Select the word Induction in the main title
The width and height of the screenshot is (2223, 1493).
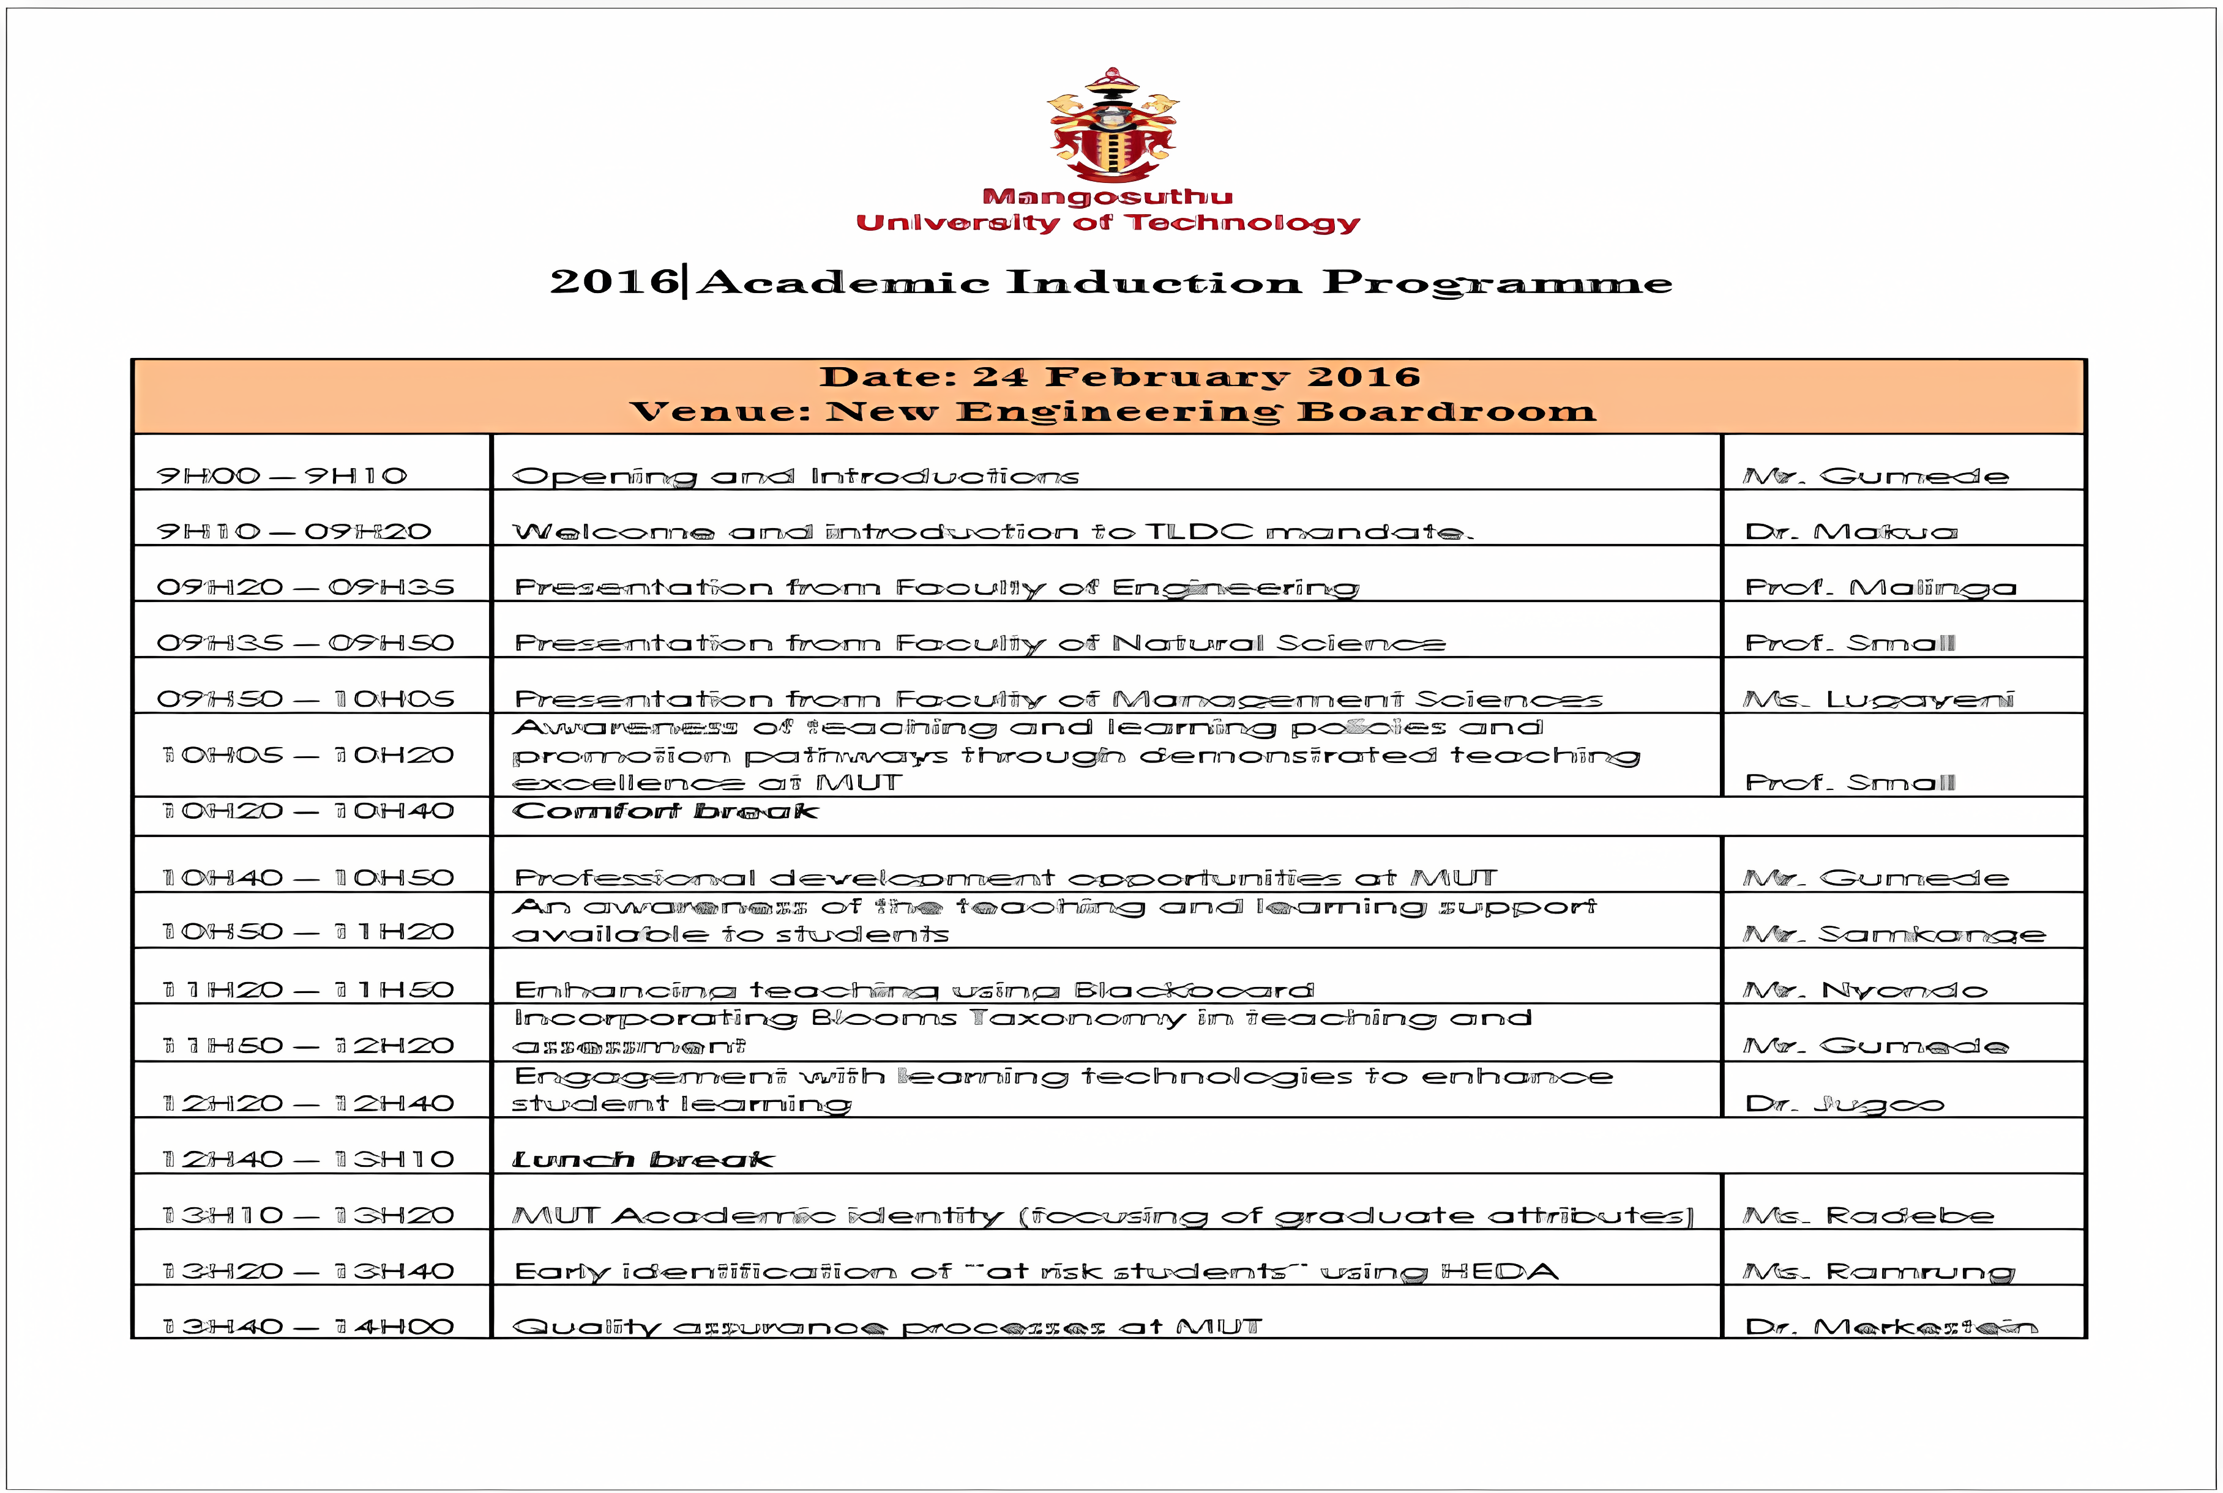point(1154,282)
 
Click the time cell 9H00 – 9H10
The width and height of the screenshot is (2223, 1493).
point(282,475)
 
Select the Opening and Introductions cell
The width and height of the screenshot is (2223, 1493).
point(795,476)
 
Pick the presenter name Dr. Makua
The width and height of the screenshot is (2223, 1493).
point(1851,531)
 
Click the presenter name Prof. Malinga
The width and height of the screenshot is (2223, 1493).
point(1880,587)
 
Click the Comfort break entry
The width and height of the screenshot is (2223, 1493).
point(665,812)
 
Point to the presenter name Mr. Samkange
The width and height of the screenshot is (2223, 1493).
point(1894,935)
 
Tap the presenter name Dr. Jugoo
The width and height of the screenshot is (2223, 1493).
point(1844,1104)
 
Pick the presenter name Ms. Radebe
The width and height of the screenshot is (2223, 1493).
point(1868,1216)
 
